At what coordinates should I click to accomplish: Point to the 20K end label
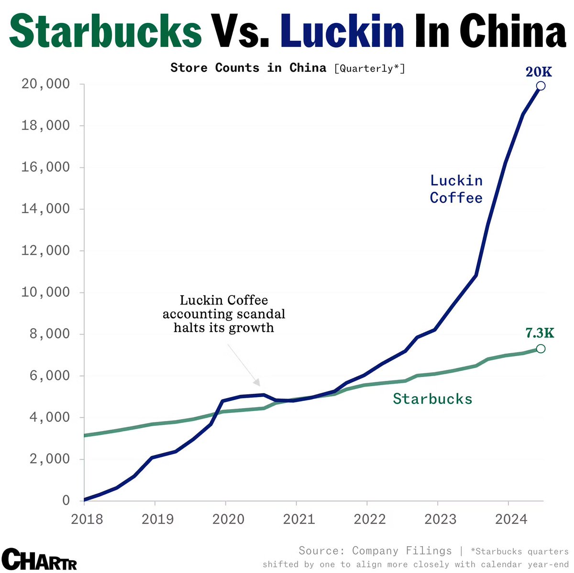(539, 72)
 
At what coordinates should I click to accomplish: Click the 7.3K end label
(540, 333)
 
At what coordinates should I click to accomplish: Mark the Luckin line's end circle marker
(541, 86)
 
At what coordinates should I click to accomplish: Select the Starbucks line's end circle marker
(541, 349)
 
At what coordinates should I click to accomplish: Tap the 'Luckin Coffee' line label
(456, 189)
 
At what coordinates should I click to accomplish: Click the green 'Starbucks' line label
(432, 399)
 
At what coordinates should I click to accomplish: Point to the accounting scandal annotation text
(224, 314)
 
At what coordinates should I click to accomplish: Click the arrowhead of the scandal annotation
(257, 383)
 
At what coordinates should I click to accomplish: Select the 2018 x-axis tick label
(87, 519)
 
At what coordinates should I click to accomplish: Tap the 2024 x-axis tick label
(511, 519)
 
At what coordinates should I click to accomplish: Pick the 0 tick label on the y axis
(66, 501)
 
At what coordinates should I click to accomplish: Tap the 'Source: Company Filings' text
(375, 551)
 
